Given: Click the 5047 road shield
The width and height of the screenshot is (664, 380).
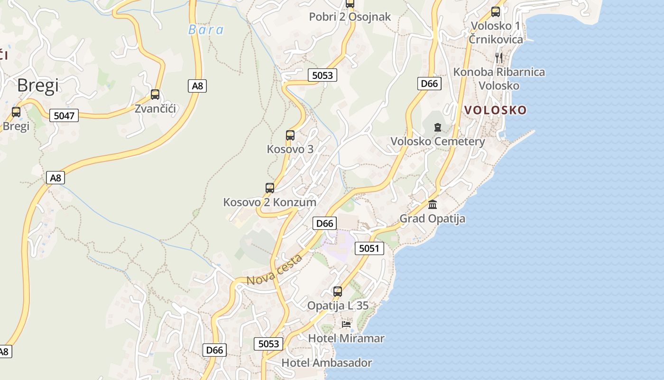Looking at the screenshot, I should pos(64,115).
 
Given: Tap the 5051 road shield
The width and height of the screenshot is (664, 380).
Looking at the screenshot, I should pos(369,248).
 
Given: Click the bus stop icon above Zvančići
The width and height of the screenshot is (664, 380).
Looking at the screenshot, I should pos(155,94).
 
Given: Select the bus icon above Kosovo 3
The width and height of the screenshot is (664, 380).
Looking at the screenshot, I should pos(290,135).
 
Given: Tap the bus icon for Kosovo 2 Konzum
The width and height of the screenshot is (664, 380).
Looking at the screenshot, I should pos(270,188).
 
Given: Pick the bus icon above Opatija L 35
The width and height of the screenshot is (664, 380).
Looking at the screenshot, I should pos(338,291).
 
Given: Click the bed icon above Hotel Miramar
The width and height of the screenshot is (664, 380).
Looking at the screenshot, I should pos(347,324).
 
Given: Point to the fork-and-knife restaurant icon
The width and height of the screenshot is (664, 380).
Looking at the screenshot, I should pos(499,58).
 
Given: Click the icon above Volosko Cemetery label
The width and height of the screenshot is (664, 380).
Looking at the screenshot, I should pos(437,127).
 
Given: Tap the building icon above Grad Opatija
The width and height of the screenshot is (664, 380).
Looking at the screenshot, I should pos(433,204).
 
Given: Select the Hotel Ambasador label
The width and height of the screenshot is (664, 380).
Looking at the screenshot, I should pos(327,363).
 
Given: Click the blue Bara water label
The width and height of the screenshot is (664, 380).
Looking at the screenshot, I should pos(206,30).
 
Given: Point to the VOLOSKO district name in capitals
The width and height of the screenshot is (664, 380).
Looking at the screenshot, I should pos(495,110).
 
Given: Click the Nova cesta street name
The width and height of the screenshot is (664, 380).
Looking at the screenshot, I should pos(275,270).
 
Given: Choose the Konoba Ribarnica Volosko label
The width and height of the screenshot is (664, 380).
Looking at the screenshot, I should pos(499,79).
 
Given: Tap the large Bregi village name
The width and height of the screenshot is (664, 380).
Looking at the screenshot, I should pos(38,85).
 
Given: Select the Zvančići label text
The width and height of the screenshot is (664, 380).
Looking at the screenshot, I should pos(155,109).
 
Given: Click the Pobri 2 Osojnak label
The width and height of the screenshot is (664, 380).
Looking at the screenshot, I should pos(350,17).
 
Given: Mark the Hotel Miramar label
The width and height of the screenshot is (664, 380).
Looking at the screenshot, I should pos(346,339).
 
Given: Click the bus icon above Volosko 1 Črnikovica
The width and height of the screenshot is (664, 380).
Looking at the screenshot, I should pos(496,12).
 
